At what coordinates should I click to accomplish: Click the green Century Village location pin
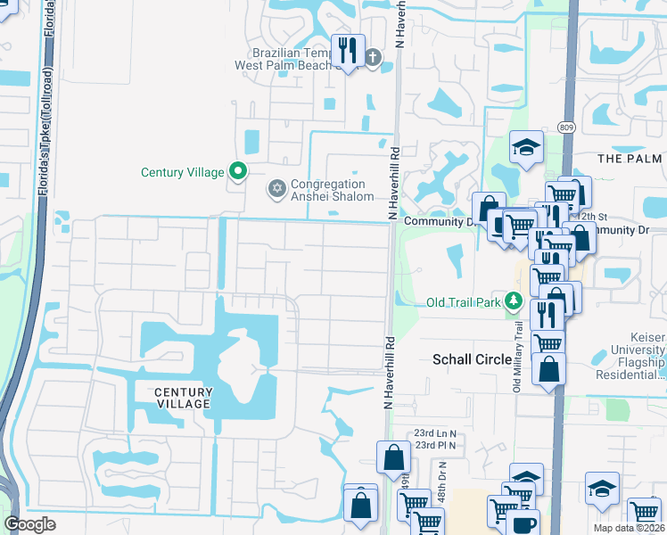237,170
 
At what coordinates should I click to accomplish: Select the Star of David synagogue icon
276,189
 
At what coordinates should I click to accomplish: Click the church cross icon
372,59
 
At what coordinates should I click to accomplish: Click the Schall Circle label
472,359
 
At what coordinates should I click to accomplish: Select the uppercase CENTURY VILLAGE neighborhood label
183,398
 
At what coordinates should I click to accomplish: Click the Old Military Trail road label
516,343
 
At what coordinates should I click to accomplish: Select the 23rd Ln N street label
435,433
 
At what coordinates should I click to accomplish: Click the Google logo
30,524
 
